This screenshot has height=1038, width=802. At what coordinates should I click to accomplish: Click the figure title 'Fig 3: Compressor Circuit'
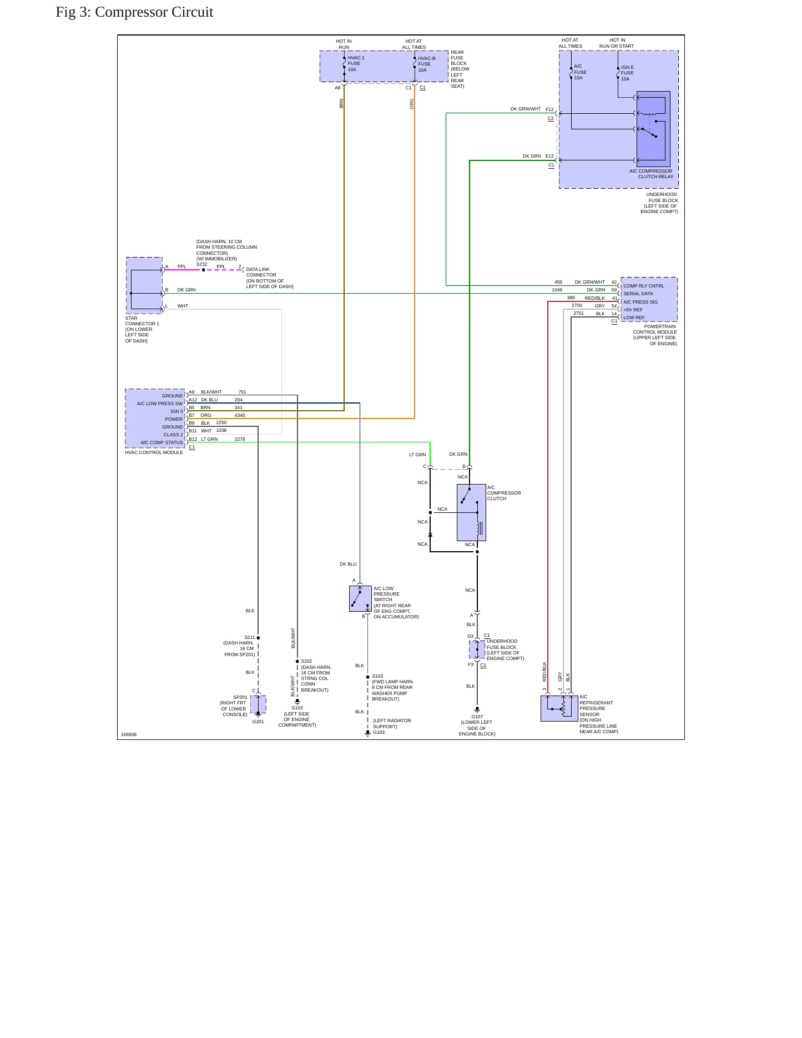pos(134,12)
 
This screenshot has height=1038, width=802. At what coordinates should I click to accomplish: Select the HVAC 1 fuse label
pos(356,64)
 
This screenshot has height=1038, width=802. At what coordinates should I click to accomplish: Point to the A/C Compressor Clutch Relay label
pos(651,174)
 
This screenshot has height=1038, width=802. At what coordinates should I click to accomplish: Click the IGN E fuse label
pos(627,73)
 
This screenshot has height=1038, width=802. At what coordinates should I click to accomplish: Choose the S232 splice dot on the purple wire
pos(203,270)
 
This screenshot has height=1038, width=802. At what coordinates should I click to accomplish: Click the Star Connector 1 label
pos(142,329)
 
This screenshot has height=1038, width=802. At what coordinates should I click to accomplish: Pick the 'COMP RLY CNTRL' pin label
pos(643,286)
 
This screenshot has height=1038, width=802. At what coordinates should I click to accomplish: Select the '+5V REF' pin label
pos(633,310)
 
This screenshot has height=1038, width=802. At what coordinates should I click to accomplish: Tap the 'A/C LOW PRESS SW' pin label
pos(160,404)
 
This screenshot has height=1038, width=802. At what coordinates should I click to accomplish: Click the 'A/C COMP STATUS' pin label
pos(162,442)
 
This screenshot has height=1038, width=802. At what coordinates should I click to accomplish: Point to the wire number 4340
pos(240,415)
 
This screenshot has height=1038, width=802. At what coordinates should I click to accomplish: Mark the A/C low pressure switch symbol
pos(360,598)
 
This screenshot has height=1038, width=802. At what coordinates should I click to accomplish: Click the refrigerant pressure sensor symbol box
pos(559,708)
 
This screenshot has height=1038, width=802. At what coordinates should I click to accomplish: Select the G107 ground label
pos(477,717)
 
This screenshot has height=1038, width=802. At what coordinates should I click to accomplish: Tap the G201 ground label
pos(258,722)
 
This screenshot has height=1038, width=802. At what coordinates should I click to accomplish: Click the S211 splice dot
pos(258,638)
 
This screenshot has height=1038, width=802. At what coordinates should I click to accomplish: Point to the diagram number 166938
pos(129,734)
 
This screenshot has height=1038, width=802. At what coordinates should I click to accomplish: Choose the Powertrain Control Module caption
pos(655,335)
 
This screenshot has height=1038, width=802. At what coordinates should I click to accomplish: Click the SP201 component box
pos(258,704)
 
